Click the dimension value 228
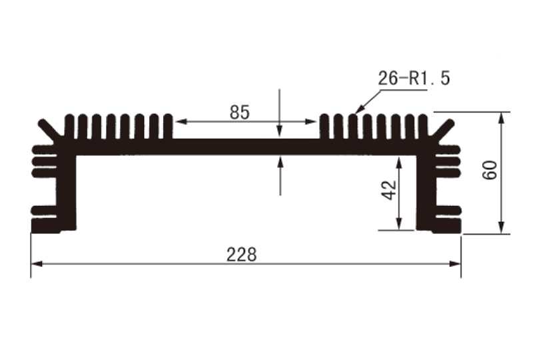click(241, 255)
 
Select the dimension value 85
click(239, 112)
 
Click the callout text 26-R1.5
click(414, 79)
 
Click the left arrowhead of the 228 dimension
click(37, 264)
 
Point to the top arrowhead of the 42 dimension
click(398, 162)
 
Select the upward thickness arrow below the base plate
click(280, 162)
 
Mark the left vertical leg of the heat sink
click(67, 190)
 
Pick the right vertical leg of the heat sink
click(424, 190)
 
